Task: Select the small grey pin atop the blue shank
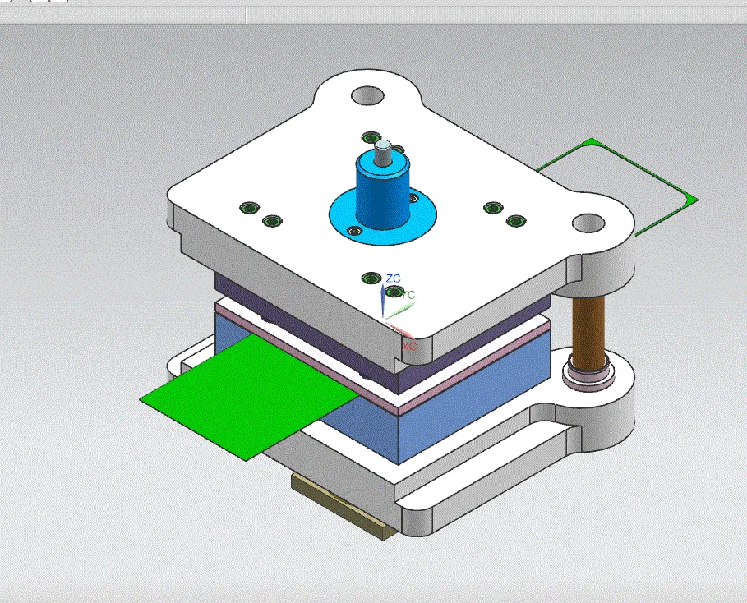click(x=382, y=151)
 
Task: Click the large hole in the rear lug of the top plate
click(x=368, y=95)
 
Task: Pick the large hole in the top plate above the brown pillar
click(x=589, y=223)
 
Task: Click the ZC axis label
click(x=394, y=278)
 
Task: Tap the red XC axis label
click(x=408, y=348)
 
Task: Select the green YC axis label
click(x=408, y=295)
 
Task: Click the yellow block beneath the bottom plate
click(x=337, y=506)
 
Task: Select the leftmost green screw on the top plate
click(x=247, y=208)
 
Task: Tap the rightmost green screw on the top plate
click(x=516, y=221)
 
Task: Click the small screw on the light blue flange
click(x=354, y=232)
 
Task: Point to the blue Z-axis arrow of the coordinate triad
click(x=383, y=300)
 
